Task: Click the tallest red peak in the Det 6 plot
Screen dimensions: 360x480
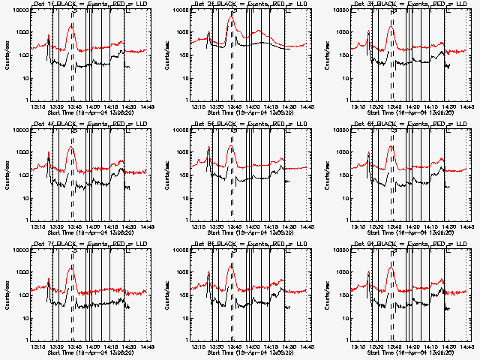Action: [x=392, y=146]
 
